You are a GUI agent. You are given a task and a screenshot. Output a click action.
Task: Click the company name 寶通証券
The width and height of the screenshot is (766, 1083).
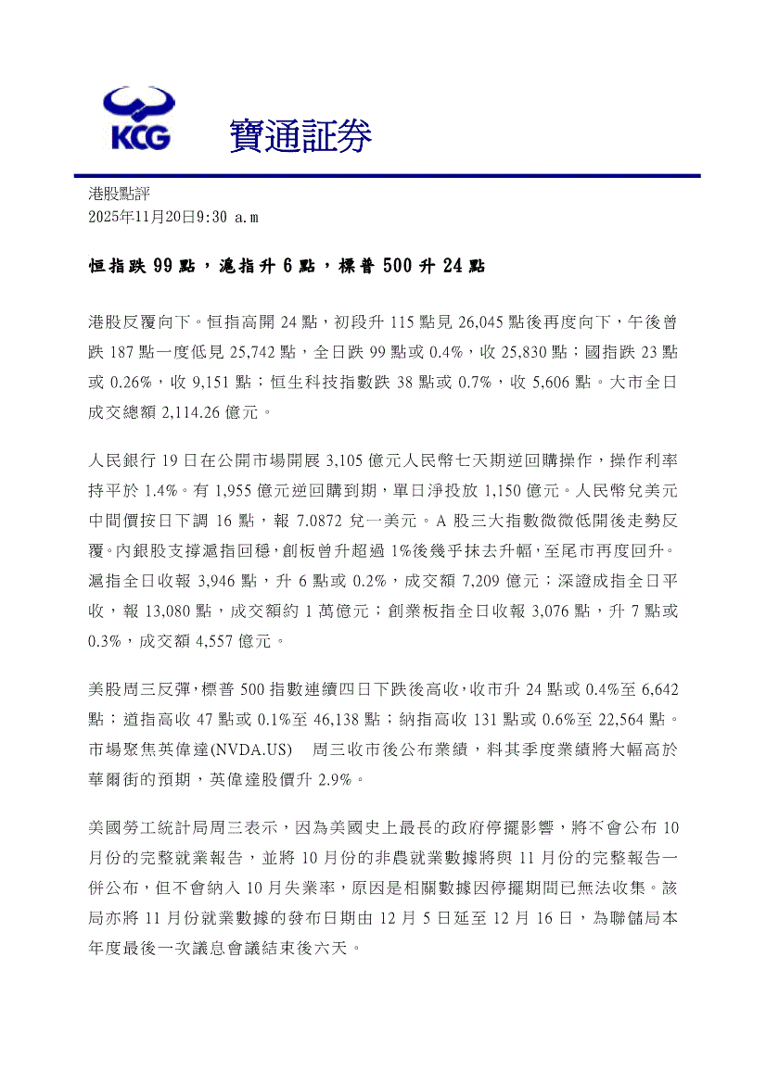click(300, 137)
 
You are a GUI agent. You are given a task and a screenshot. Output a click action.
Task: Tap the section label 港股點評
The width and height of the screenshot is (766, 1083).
click(119, 194)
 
